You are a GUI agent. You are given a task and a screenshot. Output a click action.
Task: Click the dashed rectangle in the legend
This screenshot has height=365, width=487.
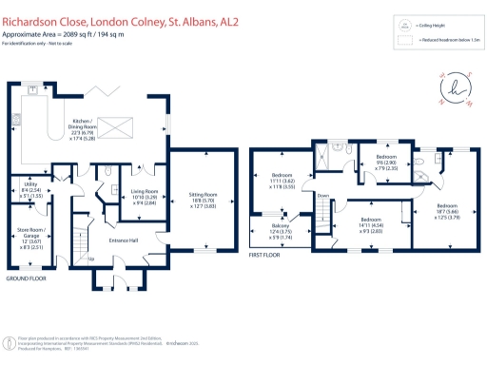pyautogui.click(x=405, y=41)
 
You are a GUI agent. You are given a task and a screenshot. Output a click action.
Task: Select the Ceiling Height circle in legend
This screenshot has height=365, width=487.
pyautogui.click(x=405, y=25)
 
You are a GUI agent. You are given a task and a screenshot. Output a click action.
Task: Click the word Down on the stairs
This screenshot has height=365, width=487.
pyautogui.click(x=323, y=196)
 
